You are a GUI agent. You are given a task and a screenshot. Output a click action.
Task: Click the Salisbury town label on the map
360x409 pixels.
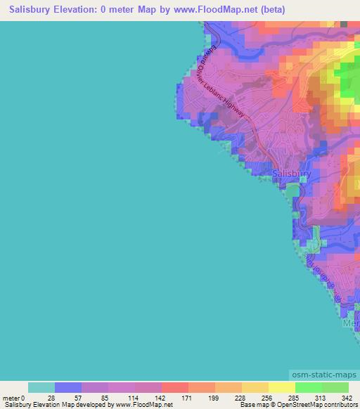(290, 173)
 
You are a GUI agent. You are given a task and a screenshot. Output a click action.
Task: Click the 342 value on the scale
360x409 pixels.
(346, 398)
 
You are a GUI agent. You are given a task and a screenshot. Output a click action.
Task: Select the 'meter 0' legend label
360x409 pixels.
(15, 398)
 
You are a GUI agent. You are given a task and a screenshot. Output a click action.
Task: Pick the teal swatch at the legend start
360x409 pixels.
(41, 387)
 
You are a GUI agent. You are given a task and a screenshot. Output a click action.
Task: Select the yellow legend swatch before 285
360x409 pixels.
(282, 387)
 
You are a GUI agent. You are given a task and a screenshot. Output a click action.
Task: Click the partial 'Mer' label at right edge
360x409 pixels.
(351, 323)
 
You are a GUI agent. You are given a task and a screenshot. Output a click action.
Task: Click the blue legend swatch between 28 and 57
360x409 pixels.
(68, 387)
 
